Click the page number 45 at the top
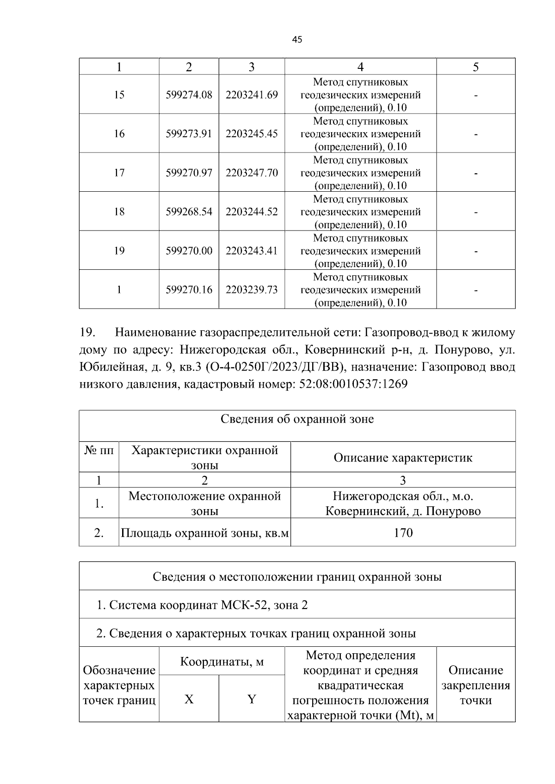(297, 40)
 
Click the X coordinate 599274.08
(189, 95)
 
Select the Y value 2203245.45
(252, 134)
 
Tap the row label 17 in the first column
(119, 173)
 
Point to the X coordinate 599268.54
(189, 212)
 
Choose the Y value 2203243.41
(252, 251)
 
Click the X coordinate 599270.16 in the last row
(189, 290)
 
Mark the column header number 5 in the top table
(475, 67)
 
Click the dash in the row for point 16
(475, 134)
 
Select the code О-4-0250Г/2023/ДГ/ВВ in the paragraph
(275, 367)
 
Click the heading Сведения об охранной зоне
(297, 419)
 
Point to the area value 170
(403, 533)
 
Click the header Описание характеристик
(403, 457)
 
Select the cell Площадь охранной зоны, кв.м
(204, 533)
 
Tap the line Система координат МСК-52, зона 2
(202, 605)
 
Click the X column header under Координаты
(189, 699)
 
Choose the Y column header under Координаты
(252, 699)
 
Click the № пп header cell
(99, 450)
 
